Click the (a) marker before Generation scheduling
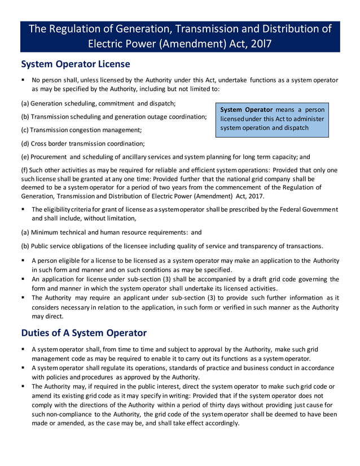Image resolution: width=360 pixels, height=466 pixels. coord(25,104)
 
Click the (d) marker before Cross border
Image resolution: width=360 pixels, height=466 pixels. coord(25,143)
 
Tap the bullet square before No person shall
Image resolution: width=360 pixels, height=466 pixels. coord(23,81)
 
